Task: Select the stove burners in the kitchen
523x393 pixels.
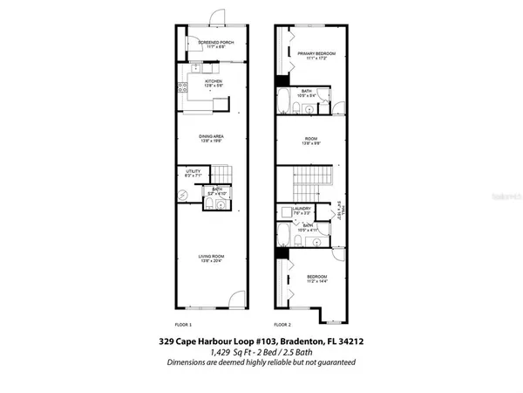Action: (182, 86)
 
